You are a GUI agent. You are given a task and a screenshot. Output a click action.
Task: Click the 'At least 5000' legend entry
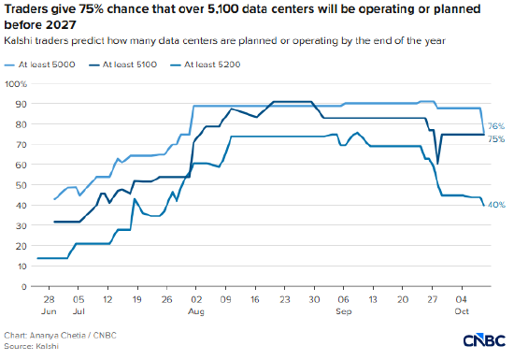pyautogui.click(x=39, y=65)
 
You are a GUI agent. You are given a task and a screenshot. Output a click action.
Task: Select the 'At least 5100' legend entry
pyautogui.click(x=122, y=65)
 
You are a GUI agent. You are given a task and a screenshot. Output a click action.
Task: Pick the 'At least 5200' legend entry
pyautogui.click(x=206, y=65)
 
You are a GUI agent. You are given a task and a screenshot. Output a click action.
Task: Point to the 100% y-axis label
pyautogui.click(x=16, y=84)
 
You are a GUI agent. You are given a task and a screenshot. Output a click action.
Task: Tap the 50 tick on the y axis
pyautogui.click(x=21, y=185)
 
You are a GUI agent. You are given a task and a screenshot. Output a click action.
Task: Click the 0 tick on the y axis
pyautogui.click(x=23, y=287)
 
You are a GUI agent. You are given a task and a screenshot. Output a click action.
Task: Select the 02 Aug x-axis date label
pyautogui.click(x=196, y=305)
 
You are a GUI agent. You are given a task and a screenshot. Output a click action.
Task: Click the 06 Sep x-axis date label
pyautogui.click(x=344, y=305)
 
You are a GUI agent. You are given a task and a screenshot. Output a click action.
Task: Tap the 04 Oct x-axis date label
pyautogui.click(x=462, y=305)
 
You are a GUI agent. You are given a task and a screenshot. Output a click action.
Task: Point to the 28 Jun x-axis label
pyautogui.click(x=49, y=305)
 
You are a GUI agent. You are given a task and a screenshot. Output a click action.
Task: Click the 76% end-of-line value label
pyautogui.click(x=496, y=126)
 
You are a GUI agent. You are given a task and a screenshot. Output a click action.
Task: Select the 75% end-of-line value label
pyautogui.click(x=496, y=139)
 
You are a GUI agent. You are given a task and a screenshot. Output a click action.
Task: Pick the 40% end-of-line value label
pyautogui.click(x=496, y=205)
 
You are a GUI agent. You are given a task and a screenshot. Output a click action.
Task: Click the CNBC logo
pyautogui.click(x=484, y=340)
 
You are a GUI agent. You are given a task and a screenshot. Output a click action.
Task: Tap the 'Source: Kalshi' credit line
pyautogui.click(x=31, y=346)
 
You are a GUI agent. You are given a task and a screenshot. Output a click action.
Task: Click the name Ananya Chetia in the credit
pyautogui.click(x=58, y=336)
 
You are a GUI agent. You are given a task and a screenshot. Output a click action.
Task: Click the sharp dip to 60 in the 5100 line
pyautogui.click(x=437, y=164)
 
